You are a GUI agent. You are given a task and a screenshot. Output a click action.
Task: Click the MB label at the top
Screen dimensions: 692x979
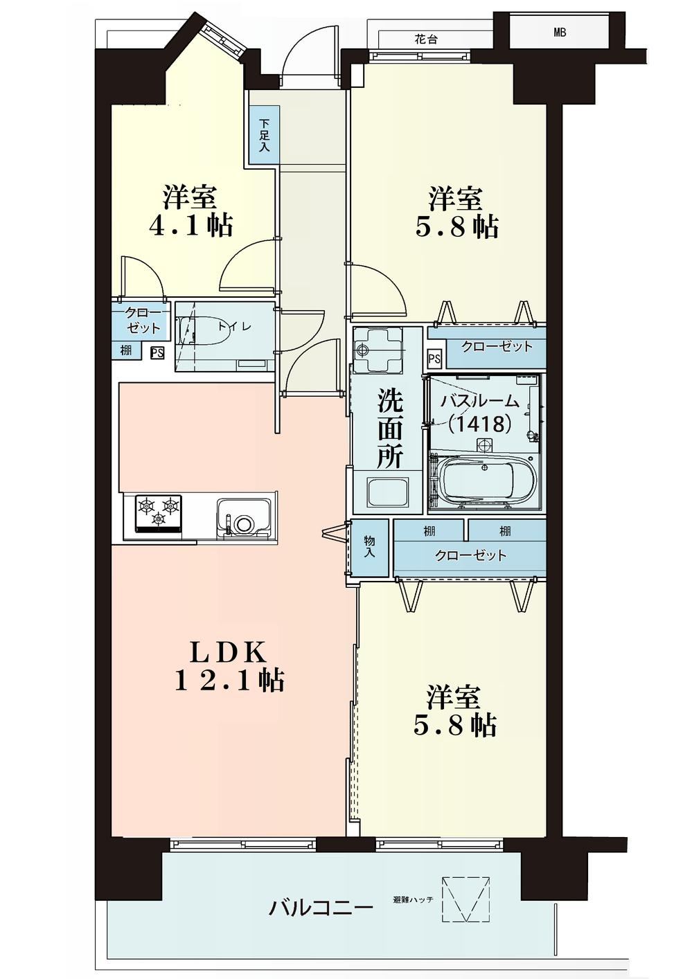tap(560, 33)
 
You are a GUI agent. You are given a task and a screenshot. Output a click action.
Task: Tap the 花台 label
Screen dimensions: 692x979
tap(426, 39)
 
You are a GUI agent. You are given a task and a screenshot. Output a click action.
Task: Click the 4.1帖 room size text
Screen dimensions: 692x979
tap(191, 226)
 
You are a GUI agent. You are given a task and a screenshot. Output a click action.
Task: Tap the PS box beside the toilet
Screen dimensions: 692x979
tap(157, 352)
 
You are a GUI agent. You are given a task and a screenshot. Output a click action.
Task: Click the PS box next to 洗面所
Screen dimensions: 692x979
tap(434, 359)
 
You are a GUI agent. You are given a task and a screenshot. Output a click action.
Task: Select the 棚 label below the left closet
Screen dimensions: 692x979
tap(126, 351)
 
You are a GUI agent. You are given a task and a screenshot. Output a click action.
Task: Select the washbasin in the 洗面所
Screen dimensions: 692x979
tap(388, 492)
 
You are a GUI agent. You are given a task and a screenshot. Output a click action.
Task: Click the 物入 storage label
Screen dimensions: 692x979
tap(371, 547)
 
